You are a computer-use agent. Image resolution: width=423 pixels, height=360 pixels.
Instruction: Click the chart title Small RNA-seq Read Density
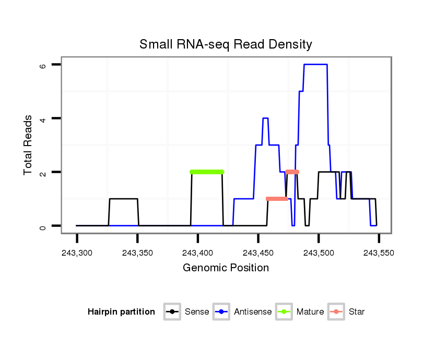[226, 44]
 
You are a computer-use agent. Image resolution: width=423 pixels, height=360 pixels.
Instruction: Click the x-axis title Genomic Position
[226, 268]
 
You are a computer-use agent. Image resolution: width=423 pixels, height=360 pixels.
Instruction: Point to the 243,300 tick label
[77, 253]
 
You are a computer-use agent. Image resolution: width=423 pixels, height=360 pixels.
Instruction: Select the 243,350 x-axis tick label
[137, 253]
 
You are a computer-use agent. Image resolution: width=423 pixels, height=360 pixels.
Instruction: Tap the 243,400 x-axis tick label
[198, 253]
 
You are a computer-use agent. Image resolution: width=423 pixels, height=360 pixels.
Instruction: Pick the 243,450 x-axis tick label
[258, 253]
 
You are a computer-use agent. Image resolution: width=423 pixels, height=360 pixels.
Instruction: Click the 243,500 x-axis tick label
[319, 253]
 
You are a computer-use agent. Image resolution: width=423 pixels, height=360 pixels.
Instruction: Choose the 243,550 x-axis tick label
[379, 253]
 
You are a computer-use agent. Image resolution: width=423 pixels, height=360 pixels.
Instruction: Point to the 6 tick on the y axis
[43, 65]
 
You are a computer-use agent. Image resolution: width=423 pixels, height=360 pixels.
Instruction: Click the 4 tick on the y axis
[43, 118]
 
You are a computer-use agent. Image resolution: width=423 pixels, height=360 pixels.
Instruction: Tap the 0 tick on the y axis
[43, 225]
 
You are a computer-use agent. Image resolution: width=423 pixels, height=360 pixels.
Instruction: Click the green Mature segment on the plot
[207, 172]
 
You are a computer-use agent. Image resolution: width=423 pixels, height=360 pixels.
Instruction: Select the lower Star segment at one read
[277, 199]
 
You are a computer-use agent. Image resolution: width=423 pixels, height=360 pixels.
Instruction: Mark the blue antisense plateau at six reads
[315, 64]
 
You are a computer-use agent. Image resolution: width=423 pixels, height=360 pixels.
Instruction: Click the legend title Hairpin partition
[122, 312]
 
